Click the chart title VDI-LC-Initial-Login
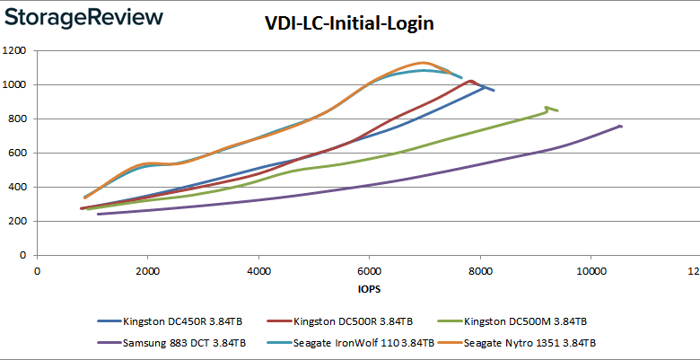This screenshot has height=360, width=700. tap(350, 24)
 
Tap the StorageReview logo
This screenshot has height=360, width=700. tap(83, 18)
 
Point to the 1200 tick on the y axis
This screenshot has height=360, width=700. tap(15, 51)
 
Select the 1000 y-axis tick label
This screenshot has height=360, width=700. tap(15, 85)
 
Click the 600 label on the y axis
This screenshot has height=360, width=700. tap(18, 154)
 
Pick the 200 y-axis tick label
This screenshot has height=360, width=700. tap(18, 222)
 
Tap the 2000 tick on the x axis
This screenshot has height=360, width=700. tap(147, 271)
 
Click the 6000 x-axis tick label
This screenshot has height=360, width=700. tap(369, 271)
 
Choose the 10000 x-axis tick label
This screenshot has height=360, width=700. tap(591, 271)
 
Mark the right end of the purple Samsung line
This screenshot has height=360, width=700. tap(621, 126)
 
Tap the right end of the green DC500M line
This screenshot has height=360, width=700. tap(557, 110)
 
